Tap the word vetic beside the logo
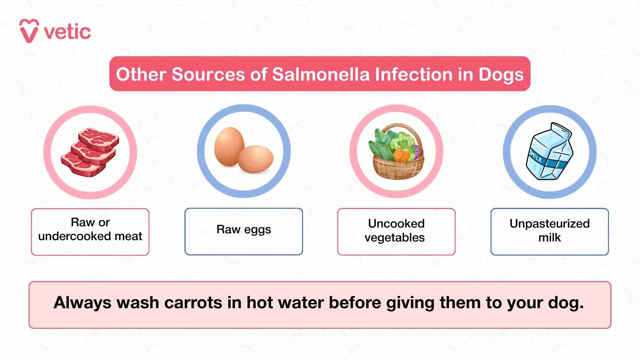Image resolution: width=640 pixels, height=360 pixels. [67, 32]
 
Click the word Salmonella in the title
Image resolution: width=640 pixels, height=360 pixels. [321, 74]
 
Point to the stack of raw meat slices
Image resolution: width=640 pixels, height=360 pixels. [90, 152]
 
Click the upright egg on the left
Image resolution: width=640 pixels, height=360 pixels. [229, 146]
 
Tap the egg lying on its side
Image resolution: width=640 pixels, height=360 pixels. [255, 159]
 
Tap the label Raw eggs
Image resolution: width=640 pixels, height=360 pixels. [243, 230]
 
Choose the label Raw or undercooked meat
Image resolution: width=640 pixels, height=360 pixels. [90, 229]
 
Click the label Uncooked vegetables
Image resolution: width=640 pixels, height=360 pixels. [396, 230]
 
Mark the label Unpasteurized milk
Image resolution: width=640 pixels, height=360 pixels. [549, 230]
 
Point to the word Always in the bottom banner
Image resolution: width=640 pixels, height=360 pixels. [82, 302]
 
